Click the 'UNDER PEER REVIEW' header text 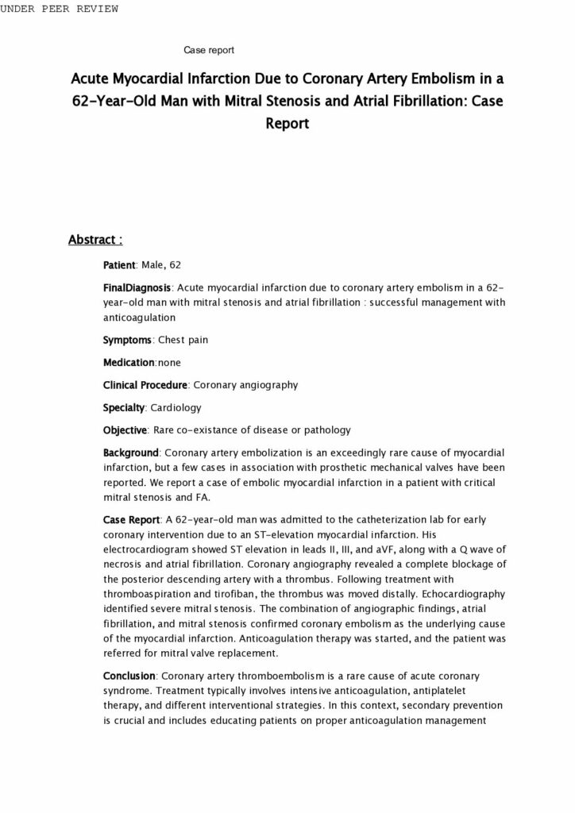(x=60, y=9)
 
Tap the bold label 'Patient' (x=120, y=264)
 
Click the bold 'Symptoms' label (x=127, y=340)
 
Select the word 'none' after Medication (x=169, y=362)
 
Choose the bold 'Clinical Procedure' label (x=145, y=385)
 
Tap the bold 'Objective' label (x=125, y=430)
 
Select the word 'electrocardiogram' (x=148, y=549)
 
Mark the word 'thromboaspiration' (x=148, y=594)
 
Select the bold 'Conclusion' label (x=129, y=676)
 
